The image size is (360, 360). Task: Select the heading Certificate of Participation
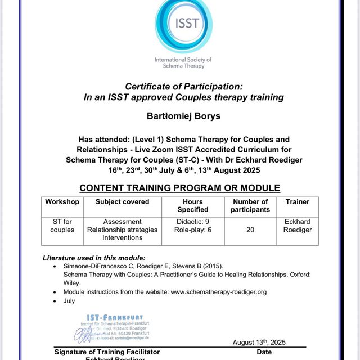click(x=183, y=87)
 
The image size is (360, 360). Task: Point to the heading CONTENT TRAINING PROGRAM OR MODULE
click(x=179, y=188)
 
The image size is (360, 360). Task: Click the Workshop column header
click(x=62, y=201)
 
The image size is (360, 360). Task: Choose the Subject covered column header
click(x=122, y=201)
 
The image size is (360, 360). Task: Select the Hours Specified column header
click(x=193, y=205)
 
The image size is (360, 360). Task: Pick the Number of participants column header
click(x=250, y=205)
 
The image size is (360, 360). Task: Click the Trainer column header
click(x=297, y=201)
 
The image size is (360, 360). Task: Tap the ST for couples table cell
click(x=62, y=226)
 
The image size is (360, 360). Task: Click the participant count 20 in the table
click(x=250, y=229)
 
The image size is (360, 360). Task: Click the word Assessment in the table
click(x=122, y=222)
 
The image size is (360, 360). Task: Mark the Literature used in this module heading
click(x=94, y=258)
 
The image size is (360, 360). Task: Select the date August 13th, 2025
click(x=259, y=342)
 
